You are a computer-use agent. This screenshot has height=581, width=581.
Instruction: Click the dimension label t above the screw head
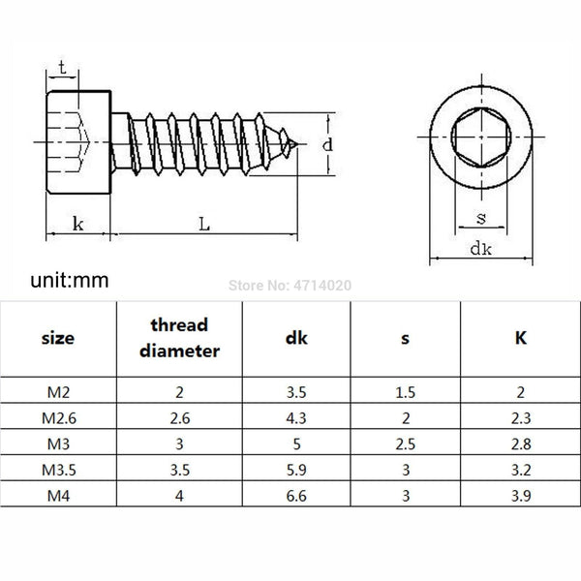(62, 68)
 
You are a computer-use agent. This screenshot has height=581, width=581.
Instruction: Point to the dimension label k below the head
(76, 224)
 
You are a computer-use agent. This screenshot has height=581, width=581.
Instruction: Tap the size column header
(58, 339)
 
